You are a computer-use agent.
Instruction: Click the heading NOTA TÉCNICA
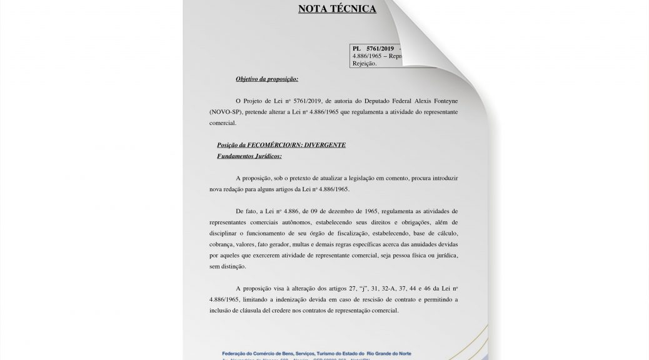(x=337, y=9)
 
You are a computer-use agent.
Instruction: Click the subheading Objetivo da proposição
(x=266, y=79)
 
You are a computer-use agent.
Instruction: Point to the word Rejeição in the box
(x=365, y=63)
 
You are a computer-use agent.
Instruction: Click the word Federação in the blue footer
(x=238, y=353)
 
